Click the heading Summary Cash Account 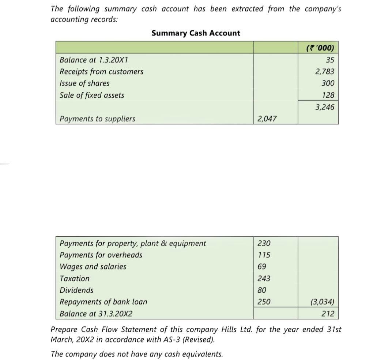196,33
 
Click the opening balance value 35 330,60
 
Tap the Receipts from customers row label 101,72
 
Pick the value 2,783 325,72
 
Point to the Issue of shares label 84,83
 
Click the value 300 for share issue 328,83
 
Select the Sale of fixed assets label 92,95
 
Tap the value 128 328,95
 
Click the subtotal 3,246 325,107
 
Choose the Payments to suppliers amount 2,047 267,119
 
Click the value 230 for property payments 264,243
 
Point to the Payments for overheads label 101,255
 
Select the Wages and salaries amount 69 262,267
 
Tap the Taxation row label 74,278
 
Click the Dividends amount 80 262,290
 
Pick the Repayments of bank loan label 103,302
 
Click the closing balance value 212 328,314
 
